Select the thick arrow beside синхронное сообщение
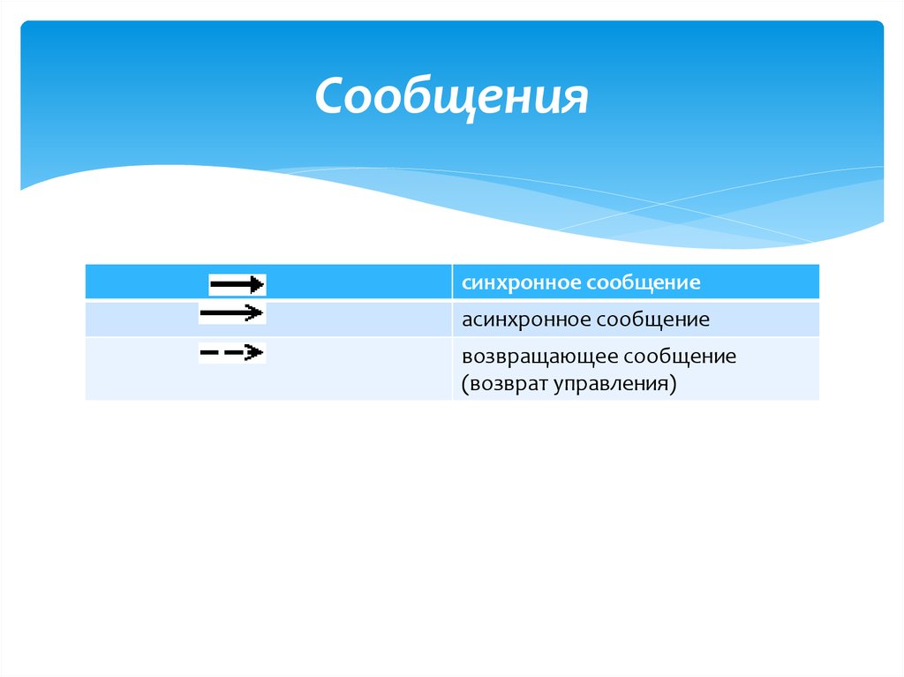(237, 284)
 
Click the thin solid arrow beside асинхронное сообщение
(231, 312)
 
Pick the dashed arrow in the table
(231, 353)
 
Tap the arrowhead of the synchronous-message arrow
(258, 284)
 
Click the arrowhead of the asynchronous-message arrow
(256, 312)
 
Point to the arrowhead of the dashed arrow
(256, 353)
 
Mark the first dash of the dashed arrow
(209, 353)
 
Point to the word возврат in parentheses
(508, 385)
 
